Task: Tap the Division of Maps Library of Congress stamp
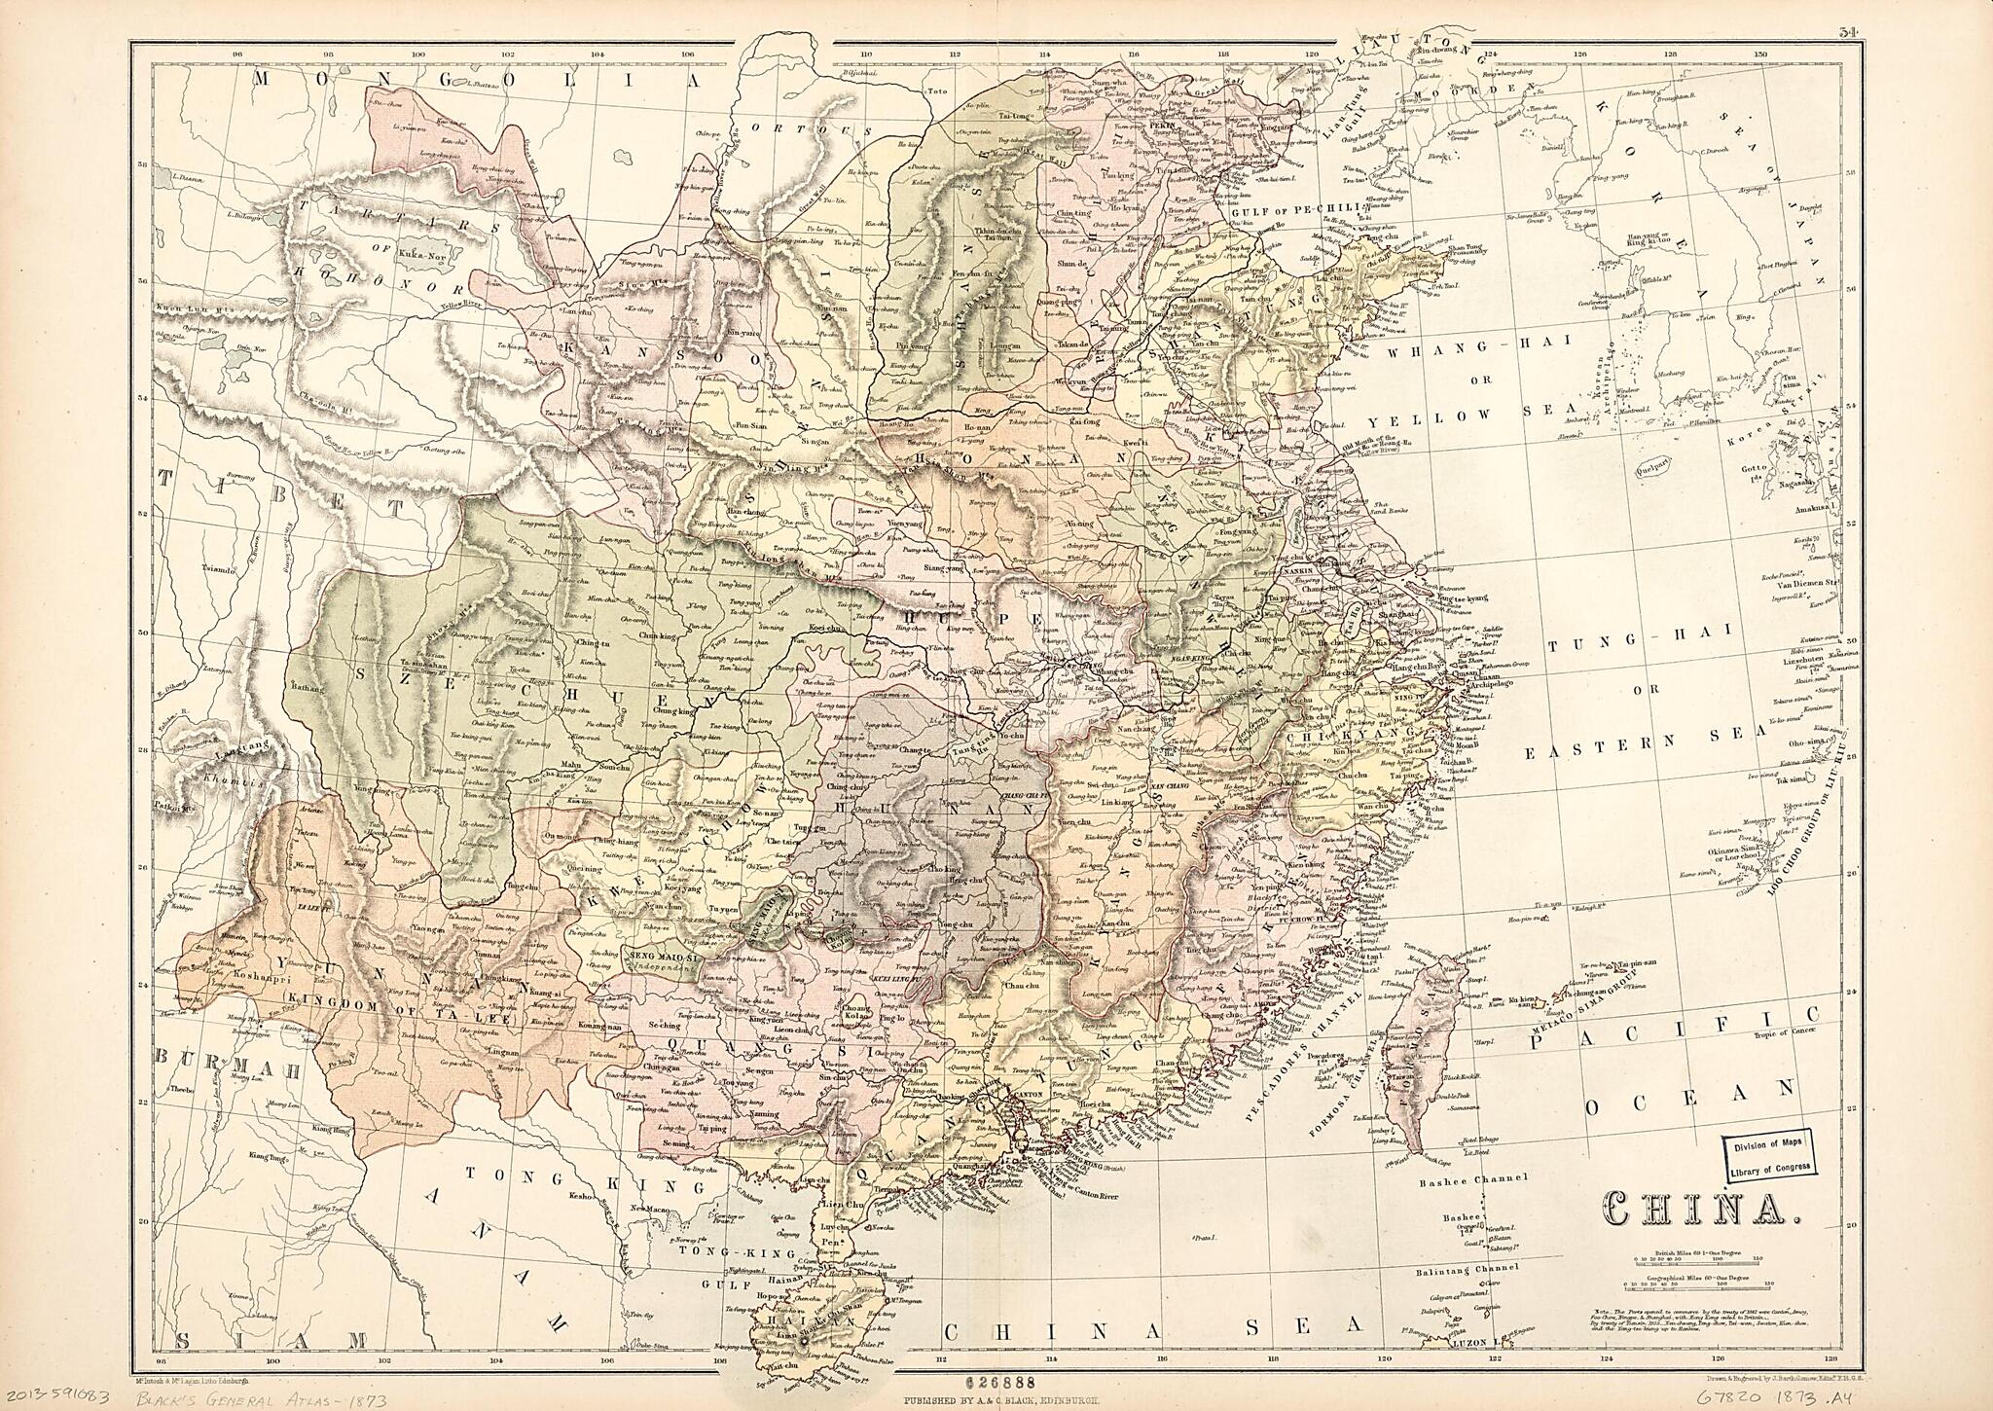(x=1770, y=1158)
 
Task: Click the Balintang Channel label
(x=1469, y=1269)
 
